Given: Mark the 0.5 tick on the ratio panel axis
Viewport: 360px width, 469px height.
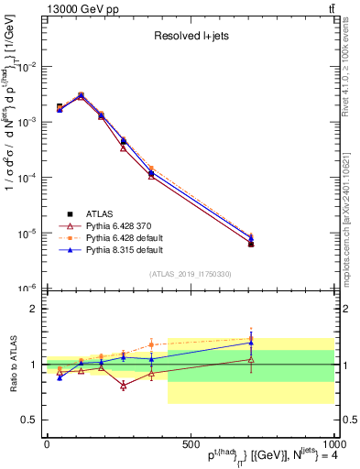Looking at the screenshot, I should (x=27, y=420).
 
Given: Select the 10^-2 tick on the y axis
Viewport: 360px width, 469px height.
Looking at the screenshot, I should (x=26, y=67).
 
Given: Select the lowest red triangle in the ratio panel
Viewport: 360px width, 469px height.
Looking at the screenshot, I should (x=123, y=386).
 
